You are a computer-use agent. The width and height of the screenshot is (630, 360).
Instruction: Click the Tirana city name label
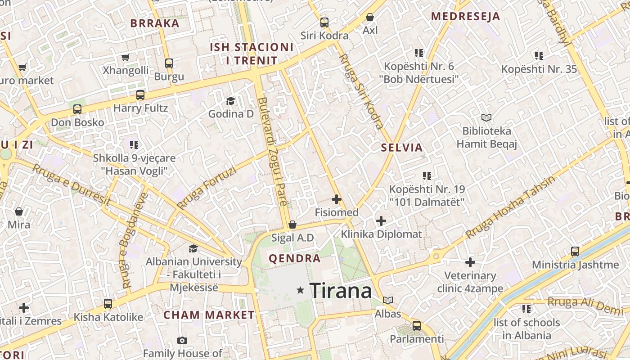[341, 291]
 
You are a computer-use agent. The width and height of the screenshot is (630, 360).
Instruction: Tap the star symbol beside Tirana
[301, 291]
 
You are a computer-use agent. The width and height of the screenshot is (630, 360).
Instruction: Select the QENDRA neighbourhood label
[295, 258]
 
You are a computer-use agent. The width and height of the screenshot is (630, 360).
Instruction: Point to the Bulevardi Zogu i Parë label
[273, 152]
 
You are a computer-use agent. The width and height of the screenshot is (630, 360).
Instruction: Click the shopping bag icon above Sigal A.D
[292, 224]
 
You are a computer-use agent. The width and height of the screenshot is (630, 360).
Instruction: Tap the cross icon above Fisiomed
[337, 199]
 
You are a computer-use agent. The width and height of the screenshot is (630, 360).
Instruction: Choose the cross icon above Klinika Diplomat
[381, 220]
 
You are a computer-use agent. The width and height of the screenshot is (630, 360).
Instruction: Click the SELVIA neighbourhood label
[402, 148]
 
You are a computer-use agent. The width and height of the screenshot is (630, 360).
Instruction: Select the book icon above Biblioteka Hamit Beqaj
[486, 117]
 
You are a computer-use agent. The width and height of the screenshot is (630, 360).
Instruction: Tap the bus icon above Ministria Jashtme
[575, 251]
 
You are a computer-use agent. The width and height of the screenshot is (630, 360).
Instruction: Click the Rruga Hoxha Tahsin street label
[510, 207]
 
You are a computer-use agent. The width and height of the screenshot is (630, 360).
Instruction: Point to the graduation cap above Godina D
[231, 101]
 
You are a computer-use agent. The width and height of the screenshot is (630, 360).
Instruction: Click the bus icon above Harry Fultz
[140, 94]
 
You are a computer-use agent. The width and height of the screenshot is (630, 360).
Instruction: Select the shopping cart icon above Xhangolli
[126, 57]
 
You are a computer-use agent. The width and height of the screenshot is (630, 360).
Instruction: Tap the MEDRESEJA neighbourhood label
[466, 17]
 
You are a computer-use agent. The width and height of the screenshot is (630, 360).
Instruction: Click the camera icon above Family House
[182, 340]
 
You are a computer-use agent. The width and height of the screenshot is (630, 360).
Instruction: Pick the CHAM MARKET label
[209, 315]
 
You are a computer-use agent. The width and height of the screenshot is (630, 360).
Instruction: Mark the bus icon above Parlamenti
[417, 325]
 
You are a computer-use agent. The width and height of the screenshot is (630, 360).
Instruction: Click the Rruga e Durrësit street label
[72, 185]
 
